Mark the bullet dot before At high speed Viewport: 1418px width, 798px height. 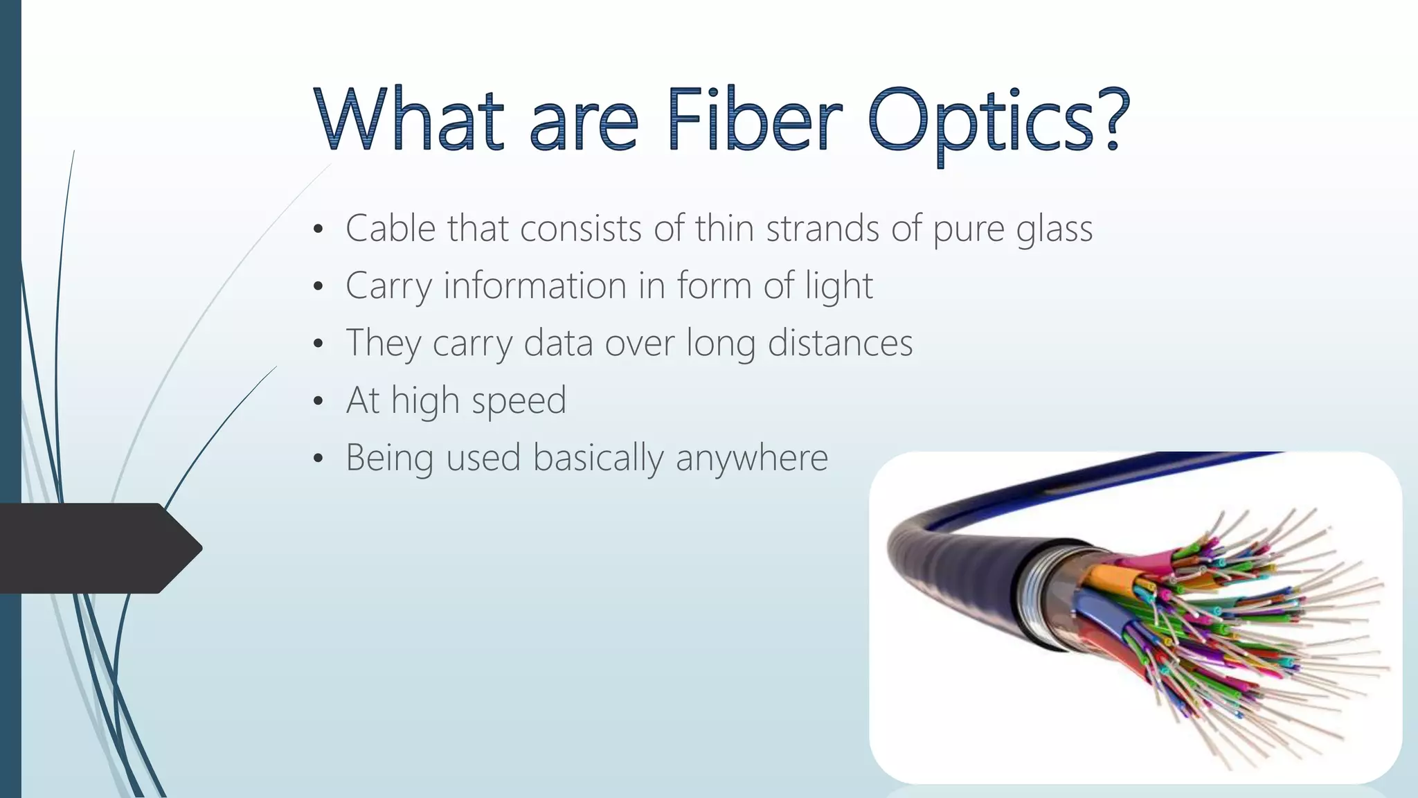(x=318, y=401)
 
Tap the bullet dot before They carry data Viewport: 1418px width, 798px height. (x=318, y=344)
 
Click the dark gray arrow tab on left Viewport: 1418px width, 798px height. (x=97, y=548)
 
